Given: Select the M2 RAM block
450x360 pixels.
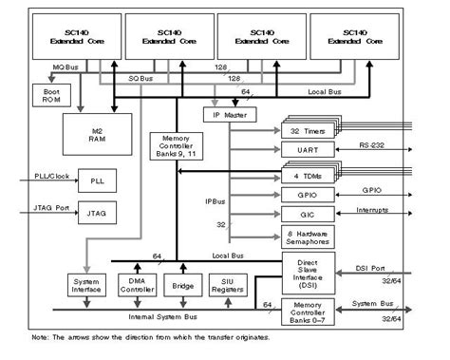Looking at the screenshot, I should tap(99, 133).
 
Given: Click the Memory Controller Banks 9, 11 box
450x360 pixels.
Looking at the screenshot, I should tap(173, 146).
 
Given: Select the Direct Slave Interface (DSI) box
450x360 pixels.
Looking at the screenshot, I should tap(303, 275).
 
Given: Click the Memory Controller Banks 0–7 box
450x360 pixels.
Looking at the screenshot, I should tap(303, 309).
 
